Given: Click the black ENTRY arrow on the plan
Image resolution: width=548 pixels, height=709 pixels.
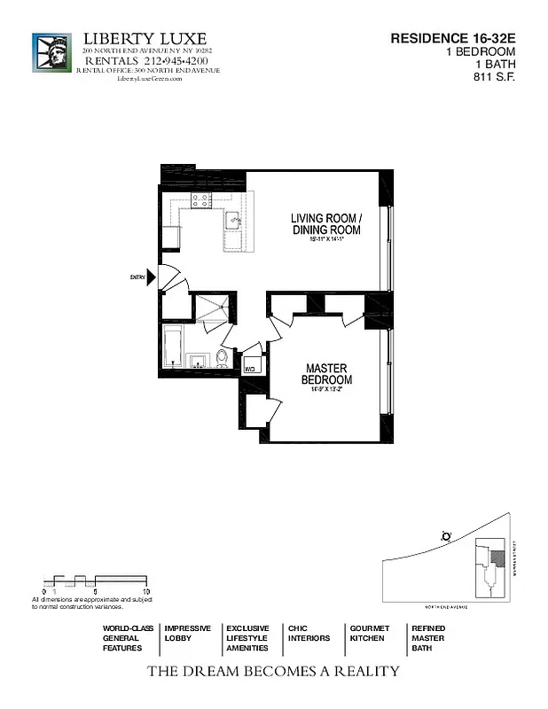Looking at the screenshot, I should point(152,277).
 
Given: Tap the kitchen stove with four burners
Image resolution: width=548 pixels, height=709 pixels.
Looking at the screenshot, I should point(200,201).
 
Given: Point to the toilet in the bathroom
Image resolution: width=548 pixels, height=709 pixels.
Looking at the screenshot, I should point(222,357).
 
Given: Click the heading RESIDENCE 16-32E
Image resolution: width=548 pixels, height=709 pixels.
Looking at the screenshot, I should point(453,38).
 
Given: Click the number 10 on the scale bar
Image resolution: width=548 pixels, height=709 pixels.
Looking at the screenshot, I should point(145,590).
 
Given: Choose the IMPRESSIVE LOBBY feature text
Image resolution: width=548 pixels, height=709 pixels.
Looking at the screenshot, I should point(187,633).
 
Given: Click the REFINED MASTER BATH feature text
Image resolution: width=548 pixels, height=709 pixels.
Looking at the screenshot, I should point(429,638).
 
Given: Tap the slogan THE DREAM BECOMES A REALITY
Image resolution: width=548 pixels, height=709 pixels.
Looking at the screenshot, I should point(272,672).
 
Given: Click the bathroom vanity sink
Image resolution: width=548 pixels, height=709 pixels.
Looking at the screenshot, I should point(198,360).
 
